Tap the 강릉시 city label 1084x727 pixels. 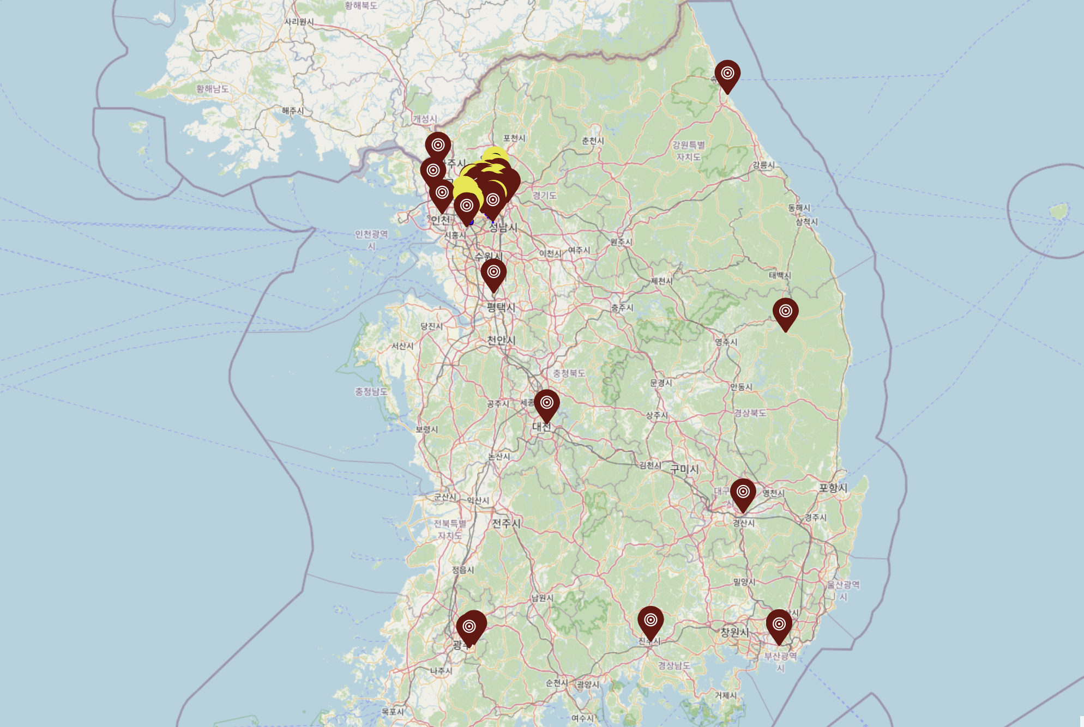pyautogui.click(x=763, y=165)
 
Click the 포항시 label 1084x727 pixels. pyautogui.click(x=833, y=488)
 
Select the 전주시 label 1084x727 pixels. pyautogui.click(x=506, y=523)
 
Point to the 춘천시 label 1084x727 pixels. pyautogui.click(x=593, y=141)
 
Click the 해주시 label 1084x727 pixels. pyautogui.click(x=293, y=111)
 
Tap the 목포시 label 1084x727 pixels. pyautogui.click(x=393, y=711)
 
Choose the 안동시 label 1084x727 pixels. pyautogui.click(x=741, y=387)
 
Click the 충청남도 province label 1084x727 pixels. pyautogui.click(x=371, y=391)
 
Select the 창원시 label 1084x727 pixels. pyautogui.click(x=734, y=632)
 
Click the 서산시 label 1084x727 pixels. pyautogui.click(x=402, y=346)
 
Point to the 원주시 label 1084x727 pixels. pyautogui.click(x=621, y=241)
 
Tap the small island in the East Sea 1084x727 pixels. pyautogui.click(x=1059, y=211)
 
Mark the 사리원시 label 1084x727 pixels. pyautogui.click(x=299, y=22)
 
